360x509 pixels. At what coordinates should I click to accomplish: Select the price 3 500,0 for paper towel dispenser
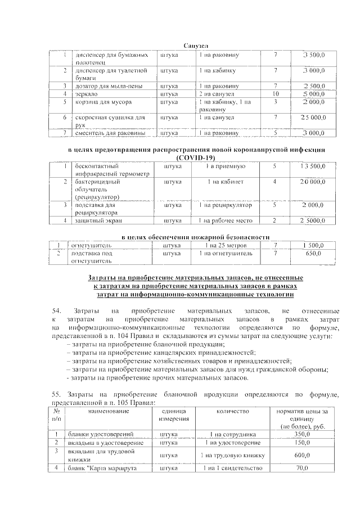(x=313, y=56)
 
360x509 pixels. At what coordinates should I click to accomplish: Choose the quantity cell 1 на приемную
(x=224, y=166)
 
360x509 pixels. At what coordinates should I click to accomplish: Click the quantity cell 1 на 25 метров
(x=224, y=246)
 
